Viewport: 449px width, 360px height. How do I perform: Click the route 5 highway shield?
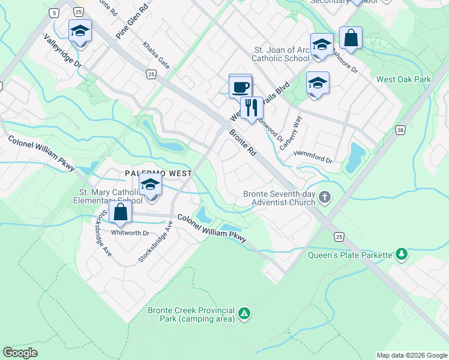[55, 13]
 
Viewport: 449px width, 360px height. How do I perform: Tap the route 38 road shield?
[400, 129]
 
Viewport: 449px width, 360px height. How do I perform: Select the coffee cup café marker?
[240, 88]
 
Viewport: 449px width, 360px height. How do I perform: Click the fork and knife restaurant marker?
[252, 109]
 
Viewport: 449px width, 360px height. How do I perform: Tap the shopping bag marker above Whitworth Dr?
[121, 212]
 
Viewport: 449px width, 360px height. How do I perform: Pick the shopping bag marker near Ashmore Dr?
[351, 38]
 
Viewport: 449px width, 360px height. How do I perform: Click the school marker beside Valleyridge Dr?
[79, 31]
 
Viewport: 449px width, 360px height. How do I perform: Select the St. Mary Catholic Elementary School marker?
[150, 185]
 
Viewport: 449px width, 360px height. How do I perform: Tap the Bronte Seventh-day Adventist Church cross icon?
[325, 197]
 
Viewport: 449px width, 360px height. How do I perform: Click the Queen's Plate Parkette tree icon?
[401, 254]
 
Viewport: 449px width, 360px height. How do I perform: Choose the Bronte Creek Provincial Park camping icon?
[244, 313]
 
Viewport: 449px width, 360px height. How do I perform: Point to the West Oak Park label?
[403, 79]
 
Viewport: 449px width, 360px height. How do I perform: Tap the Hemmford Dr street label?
[313, 157]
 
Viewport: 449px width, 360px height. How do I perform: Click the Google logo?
[20, 352]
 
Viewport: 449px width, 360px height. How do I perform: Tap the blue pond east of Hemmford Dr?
[356, 157]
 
